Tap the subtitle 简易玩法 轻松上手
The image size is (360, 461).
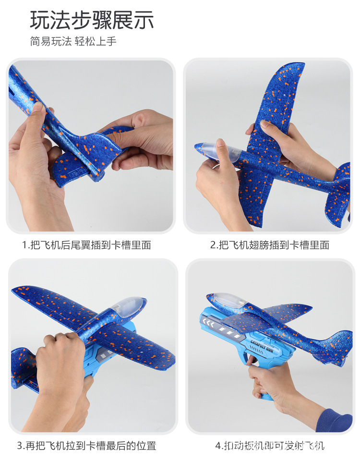[x=73, y=41]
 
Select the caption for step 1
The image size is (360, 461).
[x=86, y=245]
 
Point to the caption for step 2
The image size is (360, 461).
[x=270, y=245]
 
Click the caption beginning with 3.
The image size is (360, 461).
[x=86, y=446]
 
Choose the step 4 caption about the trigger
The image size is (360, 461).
[x=270, y=446]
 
